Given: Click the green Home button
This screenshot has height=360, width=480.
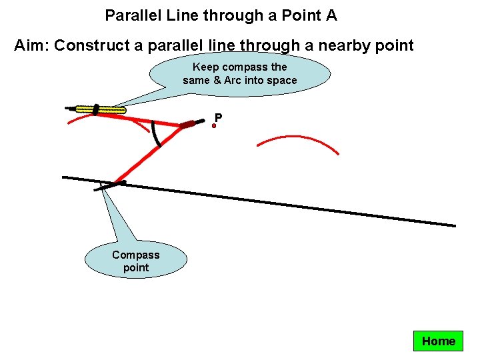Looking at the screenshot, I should (x=438, y=341).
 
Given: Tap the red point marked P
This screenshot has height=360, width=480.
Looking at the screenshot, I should (x=214, y=125).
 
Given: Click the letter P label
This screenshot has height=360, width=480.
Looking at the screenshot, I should (x=219, y=118).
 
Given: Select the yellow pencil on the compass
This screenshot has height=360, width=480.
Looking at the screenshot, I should (x=101, y=109).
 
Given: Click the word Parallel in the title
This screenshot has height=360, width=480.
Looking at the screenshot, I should (x=130, y=15).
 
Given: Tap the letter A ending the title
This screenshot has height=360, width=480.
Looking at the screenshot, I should (x=331, y=15).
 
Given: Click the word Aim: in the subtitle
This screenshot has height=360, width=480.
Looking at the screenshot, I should (x=32, y=45).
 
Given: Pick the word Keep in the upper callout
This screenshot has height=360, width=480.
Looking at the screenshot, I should (x=205, y=67).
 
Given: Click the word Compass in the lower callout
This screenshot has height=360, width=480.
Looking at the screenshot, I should (x=136, y=255).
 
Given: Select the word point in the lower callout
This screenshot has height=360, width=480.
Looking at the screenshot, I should (x=136, y=267).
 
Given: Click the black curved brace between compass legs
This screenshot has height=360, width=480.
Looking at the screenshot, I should (x=155, y=133).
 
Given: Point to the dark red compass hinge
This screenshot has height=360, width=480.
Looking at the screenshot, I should (x=193, y=123).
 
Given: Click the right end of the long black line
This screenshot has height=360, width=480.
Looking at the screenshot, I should (x=454, y=225).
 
